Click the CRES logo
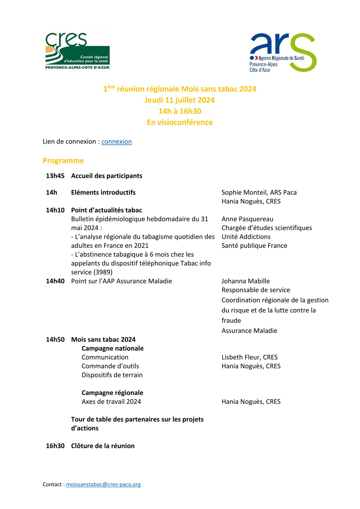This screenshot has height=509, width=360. [77, 51]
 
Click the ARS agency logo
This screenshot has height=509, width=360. [283, 52]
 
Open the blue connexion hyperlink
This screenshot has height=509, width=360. [117, 142]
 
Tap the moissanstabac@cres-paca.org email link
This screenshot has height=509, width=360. [103, 484]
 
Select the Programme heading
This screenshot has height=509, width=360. [63, 161]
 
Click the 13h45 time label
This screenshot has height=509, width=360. [55, 176]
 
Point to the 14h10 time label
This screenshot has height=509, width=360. [55, 210]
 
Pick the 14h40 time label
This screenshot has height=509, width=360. [55, 281]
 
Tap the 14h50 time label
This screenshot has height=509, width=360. [55, 340]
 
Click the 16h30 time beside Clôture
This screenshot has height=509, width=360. [55, 446]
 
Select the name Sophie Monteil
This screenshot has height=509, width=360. [244, 192]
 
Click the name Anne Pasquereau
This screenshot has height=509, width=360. [247, 219]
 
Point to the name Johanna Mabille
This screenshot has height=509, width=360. [246, 281]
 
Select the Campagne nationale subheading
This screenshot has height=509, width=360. [112, 348]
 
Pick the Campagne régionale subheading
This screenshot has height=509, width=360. [112, 393]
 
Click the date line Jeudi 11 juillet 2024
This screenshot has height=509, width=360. [180, 100]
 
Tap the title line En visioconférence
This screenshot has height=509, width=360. [180, 122]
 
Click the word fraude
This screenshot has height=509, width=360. [231, 320]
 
